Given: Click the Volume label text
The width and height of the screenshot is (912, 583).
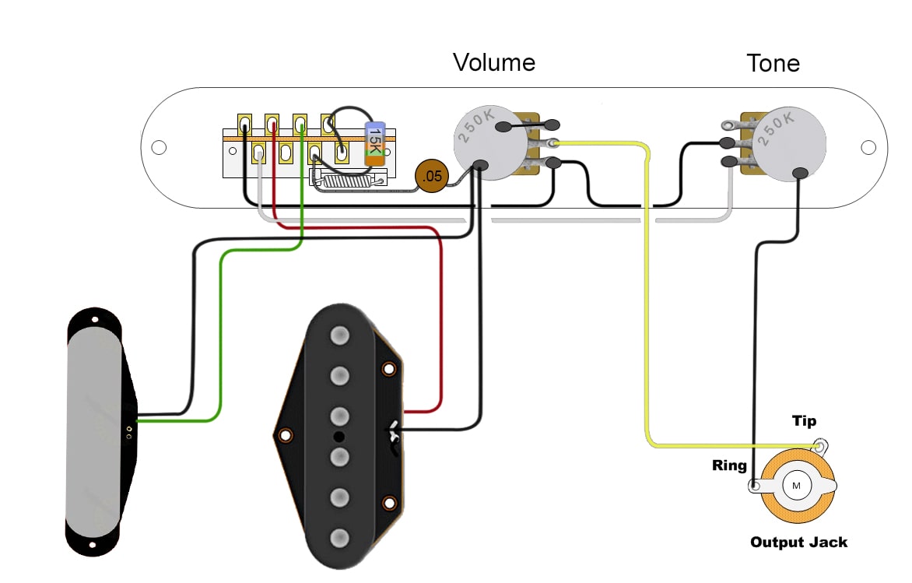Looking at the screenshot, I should pyautogui.click(x=494, y=62).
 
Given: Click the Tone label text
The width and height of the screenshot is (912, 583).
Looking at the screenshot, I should pyautogui.click(x=773, y=63).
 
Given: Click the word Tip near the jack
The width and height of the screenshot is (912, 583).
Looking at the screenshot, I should pyautogui.click(x=804, y=421).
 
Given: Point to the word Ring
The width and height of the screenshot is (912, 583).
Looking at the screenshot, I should pyautogui.click(x=729, y=466).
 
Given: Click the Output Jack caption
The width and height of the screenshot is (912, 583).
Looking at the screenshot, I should pyautogui.click(x=798, y=543).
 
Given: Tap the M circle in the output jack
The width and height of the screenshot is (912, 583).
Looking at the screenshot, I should pyautogui.click(x=796, y=486).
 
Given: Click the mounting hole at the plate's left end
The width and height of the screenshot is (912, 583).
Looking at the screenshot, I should pyautogui.click(x=159, y=147).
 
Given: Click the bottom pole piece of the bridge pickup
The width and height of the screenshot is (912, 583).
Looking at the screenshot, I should pyautogui.click(x=338, y=538).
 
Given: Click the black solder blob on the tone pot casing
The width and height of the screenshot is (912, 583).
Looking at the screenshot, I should pyautogui.click(x=799, y=174).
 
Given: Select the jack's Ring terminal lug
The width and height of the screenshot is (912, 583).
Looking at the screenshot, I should pyautogui.click(x=754, y=486).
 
